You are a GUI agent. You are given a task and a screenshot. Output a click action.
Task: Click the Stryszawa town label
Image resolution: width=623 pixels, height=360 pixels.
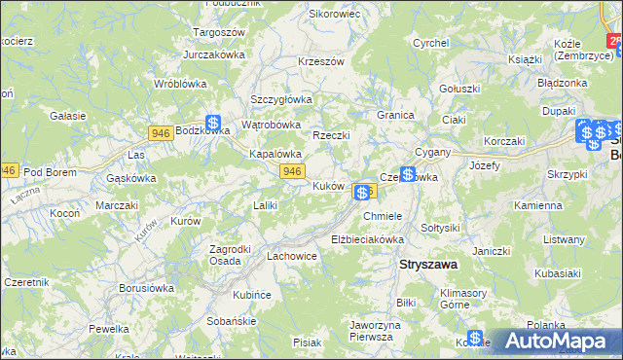(429, 264)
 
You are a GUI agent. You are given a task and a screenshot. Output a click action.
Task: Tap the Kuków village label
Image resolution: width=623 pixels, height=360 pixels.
(328, 186)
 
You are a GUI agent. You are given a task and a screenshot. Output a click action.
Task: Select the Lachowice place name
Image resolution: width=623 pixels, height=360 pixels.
(291, 257)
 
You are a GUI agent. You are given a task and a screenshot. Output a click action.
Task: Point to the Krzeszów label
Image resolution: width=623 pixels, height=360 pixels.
(322, 61)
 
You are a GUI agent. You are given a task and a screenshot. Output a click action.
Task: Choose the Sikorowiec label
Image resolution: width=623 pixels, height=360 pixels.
(334, 15)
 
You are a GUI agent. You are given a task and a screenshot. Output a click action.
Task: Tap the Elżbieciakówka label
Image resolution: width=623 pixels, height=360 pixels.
(367, 238)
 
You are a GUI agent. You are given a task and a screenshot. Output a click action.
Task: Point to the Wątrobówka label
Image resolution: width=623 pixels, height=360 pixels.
(271, 125)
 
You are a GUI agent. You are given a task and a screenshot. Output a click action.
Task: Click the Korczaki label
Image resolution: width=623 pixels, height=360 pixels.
(503, 142)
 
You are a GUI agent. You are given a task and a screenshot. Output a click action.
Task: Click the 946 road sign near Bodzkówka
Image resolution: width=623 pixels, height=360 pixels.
(163, 131)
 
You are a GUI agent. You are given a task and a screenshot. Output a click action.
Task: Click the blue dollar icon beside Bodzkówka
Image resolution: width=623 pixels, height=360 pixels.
(214, 124)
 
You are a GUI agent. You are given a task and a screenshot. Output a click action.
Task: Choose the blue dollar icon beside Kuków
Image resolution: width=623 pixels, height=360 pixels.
(361, 193)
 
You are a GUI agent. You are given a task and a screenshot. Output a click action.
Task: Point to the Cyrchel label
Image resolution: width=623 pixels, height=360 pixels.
(429, 43)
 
